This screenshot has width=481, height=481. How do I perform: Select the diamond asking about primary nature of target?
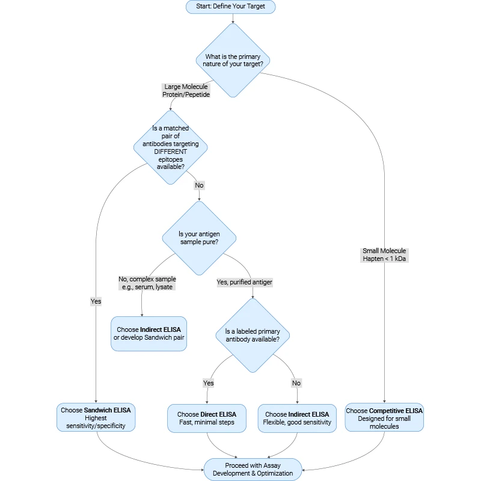click(x=233, y=60)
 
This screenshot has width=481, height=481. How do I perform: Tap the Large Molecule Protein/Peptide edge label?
click(x=186, y=91)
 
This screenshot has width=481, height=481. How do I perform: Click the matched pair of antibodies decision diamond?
click(x=170, y=147)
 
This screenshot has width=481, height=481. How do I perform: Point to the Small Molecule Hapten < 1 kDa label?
click(x=384, y=255)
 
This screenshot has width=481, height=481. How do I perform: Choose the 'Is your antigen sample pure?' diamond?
click(x=199, y=237)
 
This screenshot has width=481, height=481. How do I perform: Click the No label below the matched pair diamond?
click(x=199, y=185)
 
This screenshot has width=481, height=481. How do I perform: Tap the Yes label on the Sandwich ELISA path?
click(x=96, y=301)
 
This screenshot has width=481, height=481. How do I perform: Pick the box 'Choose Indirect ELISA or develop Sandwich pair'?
click(x=149, y=334)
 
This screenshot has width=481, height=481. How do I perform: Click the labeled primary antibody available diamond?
click(x=252, y=335)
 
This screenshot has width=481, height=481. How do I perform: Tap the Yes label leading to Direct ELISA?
click(x=208, y=383)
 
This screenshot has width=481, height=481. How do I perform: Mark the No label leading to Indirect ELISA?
click(x=296, y=383)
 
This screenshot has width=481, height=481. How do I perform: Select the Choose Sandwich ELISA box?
click(x=96, y=418)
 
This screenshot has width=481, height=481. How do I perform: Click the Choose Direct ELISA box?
click(x=207, y=418)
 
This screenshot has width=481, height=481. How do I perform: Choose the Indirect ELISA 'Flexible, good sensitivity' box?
click(x=297, y=418)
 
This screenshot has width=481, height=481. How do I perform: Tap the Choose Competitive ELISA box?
click(x=384, y=418)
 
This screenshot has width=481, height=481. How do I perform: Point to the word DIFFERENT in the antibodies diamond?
click(x=170, y=152)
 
